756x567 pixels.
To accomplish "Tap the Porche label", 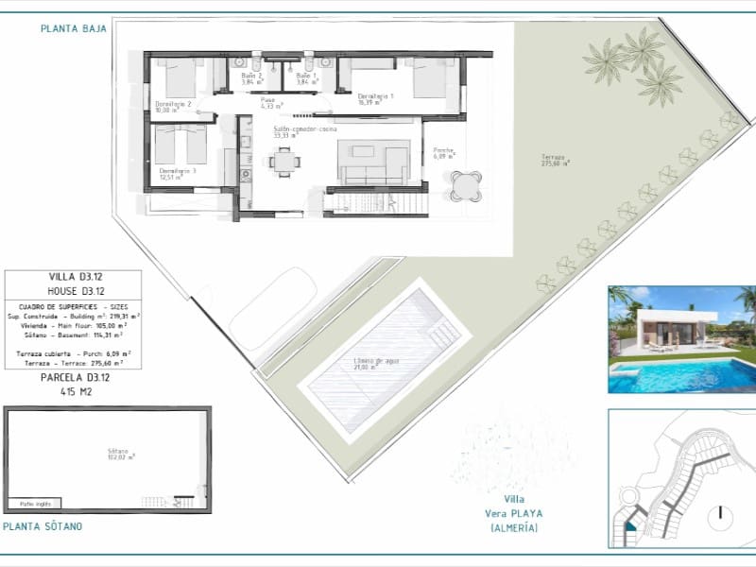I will [445, 152].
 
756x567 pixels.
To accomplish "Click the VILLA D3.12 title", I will [74, 276].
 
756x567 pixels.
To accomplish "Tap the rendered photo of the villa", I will [681, 339].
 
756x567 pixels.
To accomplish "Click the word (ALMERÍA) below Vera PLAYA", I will [516, 526].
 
